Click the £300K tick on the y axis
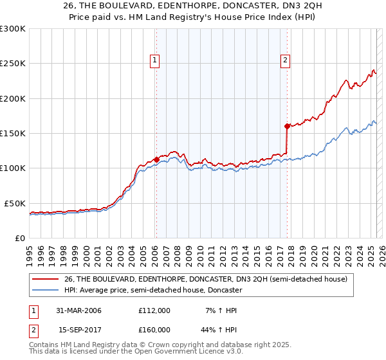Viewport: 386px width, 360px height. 13,29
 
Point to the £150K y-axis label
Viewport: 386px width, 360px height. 13,133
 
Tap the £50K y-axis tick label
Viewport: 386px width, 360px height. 15,203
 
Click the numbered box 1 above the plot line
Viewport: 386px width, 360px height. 156,61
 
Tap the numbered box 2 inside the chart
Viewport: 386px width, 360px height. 285,61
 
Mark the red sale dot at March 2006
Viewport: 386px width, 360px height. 156,159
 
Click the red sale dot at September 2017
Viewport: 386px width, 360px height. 287,126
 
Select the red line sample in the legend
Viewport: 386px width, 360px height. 46,279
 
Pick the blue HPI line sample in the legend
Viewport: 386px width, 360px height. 46,290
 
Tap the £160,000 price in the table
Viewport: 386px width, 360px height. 154,329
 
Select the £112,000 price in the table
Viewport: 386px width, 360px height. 154,310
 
